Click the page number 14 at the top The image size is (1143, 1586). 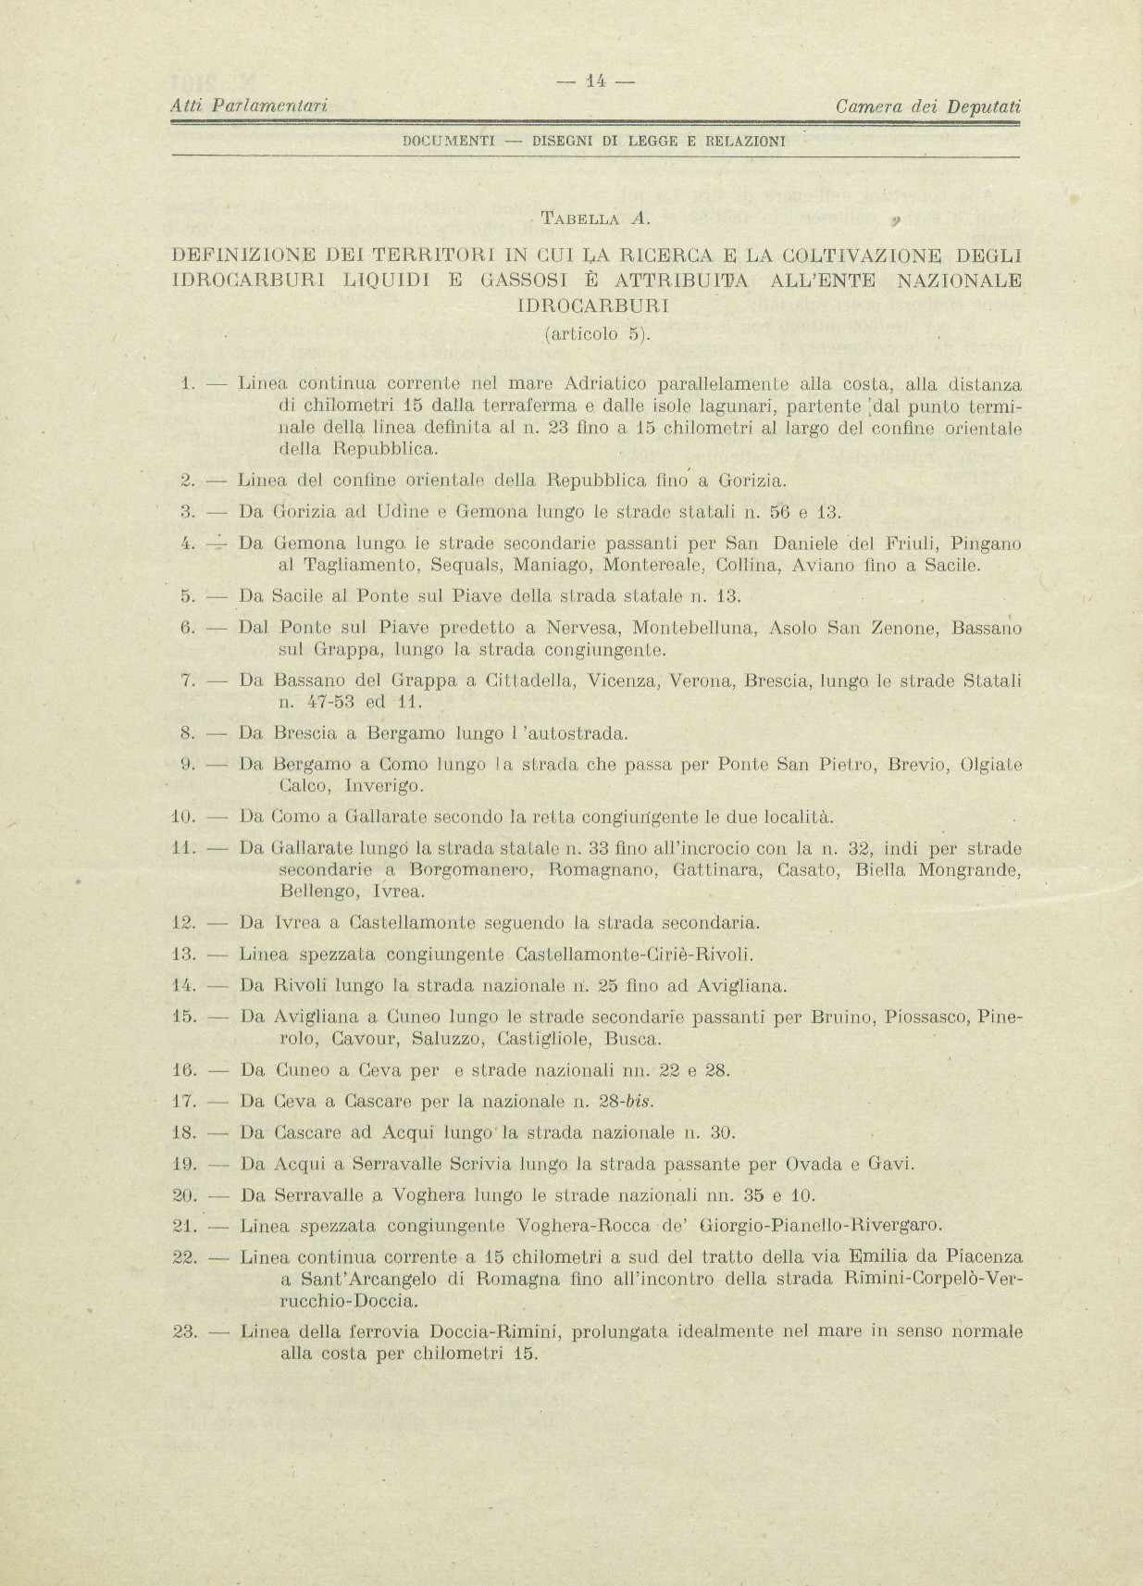(x=596, y=81)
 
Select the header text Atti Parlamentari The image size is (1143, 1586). (x=251, y=107)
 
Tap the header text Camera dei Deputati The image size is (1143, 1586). (x=927, y=107)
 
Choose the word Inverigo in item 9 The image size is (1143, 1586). (x=384, y=787)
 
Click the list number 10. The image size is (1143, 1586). (x=183, y=818)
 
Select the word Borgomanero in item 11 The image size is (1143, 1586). (x=471, y=870)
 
